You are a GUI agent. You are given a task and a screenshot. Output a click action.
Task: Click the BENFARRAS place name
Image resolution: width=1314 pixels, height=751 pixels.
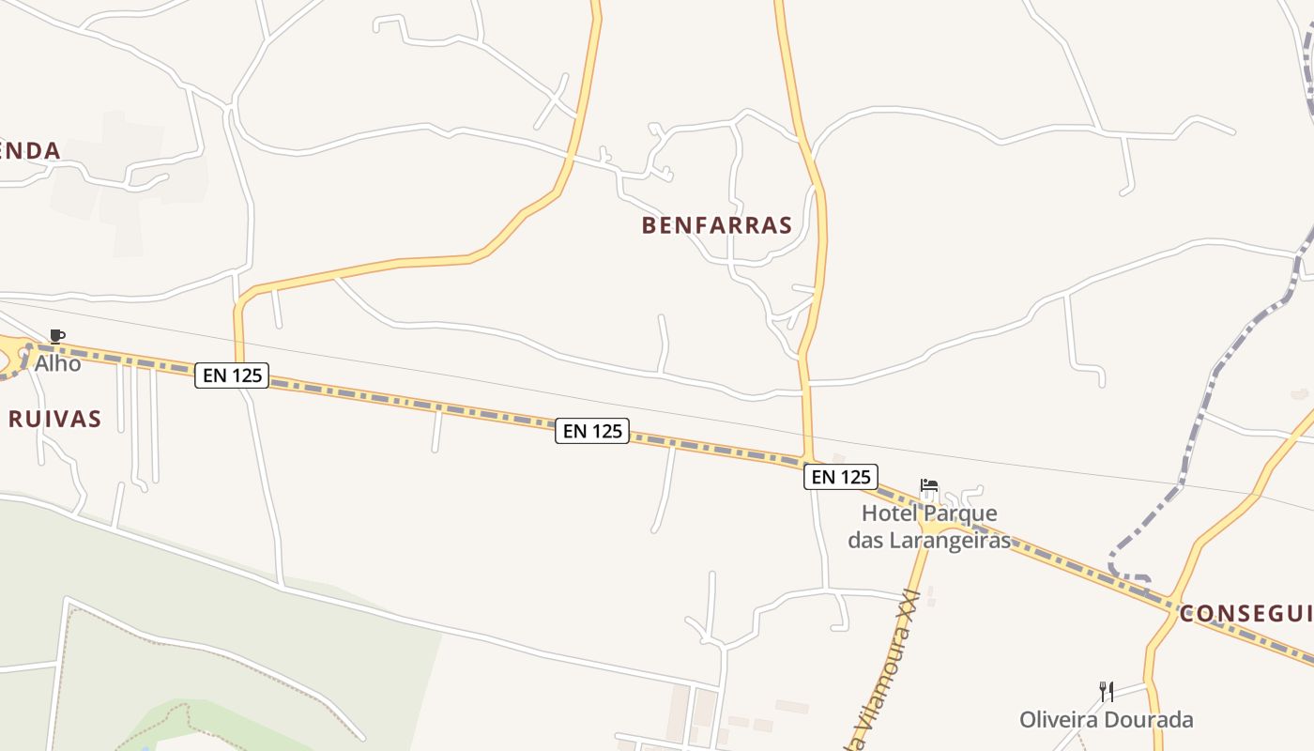coord(717,225)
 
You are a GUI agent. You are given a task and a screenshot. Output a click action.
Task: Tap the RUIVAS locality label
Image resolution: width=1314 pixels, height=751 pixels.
coord(54,419)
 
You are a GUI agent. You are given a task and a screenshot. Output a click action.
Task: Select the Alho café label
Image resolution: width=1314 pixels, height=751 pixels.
coord(58,362)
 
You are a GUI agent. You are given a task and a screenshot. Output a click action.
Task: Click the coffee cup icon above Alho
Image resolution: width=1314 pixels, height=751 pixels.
coord(57,336)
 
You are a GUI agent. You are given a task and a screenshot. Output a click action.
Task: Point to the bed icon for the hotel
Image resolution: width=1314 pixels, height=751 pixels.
coord(929,486)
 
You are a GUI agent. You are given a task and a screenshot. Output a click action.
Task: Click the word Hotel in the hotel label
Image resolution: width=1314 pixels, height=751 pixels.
coord(890,513)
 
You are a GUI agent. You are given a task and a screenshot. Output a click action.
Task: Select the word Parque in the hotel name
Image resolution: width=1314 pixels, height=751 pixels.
coord(960,513)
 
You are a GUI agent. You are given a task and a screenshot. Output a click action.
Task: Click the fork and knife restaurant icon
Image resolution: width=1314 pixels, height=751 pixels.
coord(1107,692)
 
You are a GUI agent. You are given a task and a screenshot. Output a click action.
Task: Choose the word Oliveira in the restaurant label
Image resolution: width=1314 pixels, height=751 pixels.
coord(1060,720)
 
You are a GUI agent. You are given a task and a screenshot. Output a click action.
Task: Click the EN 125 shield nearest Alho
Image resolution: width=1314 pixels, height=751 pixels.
coord(232,375)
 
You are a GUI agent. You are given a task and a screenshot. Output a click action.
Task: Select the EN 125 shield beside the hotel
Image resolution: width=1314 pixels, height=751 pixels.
coord(840,477)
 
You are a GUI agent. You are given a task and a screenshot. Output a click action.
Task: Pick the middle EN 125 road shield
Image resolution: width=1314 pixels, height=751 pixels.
coord(591,431)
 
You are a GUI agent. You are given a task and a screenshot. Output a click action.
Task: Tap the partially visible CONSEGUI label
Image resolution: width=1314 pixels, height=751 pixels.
coord(1245,614)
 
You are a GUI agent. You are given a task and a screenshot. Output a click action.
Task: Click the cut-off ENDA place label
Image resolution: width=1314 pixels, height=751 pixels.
coord(30,150)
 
